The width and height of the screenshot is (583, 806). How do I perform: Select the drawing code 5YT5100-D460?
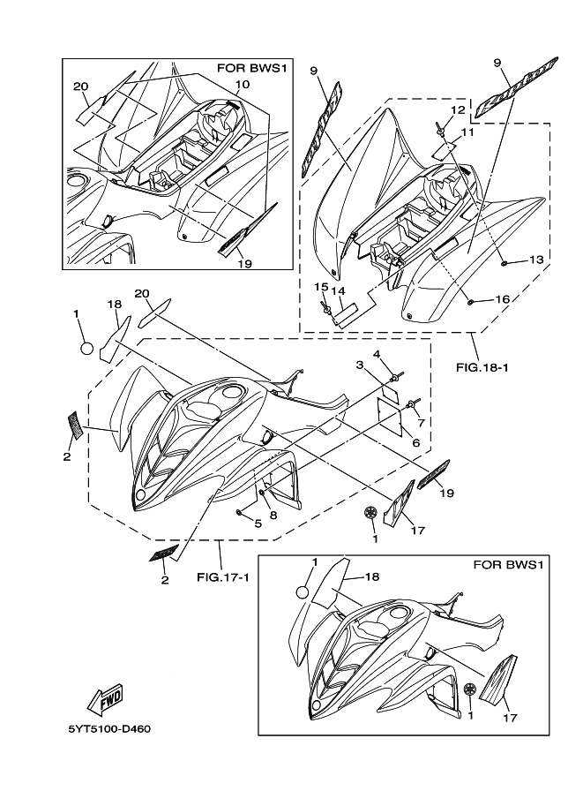click(109, 729)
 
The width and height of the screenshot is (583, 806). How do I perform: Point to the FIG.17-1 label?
click(223, 576)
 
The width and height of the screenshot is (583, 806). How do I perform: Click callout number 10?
click(243, 84)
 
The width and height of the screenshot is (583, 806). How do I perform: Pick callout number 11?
click(467, 132)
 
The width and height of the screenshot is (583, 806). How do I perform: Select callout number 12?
click(458, 109)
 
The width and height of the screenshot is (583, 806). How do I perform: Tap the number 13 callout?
click(535, 260)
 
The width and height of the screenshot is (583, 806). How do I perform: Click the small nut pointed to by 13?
click(504, 263)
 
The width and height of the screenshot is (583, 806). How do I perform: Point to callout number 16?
click(502, 299)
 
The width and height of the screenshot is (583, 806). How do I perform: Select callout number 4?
click(377, 354)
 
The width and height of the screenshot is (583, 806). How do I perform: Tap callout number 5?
click(258, 524)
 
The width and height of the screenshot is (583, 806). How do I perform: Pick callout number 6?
click(415, 442)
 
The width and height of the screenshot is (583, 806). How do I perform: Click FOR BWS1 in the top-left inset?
click(251, 68)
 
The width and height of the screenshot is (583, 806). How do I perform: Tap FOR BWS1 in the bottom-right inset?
click(507, 565)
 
